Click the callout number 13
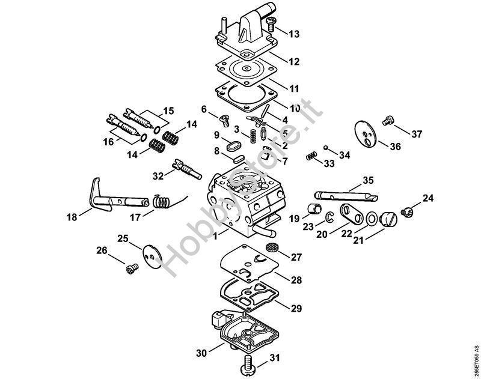click(x=293, y=34)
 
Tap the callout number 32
click(x=158, y=176)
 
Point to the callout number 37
click(x=416, y=135)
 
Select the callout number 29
click(x=296, y=308)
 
